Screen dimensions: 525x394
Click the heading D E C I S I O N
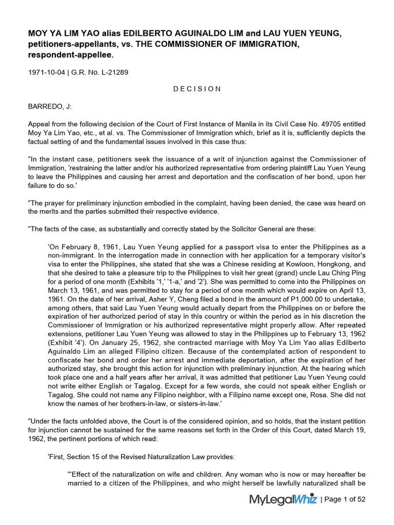197,89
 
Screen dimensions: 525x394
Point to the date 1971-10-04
47,72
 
